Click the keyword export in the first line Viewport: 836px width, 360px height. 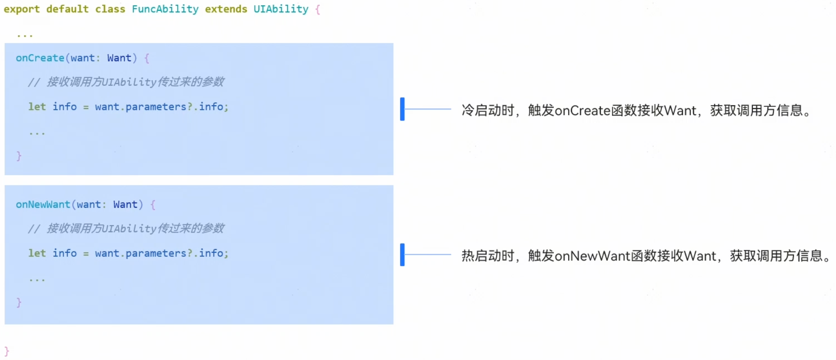21,9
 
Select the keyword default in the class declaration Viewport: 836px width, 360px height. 67,9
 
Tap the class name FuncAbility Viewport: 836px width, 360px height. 165,9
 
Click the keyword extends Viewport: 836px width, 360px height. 226,9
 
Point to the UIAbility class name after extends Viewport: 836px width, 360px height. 281,9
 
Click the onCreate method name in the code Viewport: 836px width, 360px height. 40,58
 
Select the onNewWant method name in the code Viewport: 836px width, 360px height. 43,205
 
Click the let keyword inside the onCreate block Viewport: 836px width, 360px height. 37,107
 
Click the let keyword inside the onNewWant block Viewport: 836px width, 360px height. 37,253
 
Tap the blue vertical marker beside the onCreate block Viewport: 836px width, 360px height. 402,109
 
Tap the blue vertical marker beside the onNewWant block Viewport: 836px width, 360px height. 402,255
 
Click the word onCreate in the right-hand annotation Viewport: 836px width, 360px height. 582,111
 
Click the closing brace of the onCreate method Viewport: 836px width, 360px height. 19,156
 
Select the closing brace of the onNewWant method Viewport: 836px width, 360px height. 19,303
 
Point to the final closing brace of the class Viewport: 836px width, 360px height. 7,351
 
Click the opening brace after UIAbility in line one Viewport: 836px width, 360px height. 318,9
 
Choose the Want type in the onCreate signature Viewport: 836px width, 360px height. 119,58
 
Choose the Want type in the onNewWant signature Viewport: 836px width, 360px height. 125,205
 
